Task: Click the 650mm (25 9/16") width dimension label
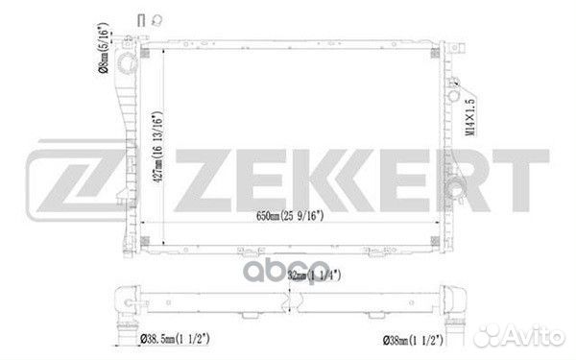pyautogui.click(x=290, y=216)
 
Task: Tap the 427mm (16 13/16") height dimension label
pyautogui.click(x=157, y=147)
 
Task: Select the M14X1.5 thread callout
pyautogui.click(x=469, y=117)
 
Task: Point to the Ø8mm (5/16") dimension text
pyautogui.click(x=104, y=48)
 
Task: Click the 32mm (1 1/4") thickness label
pyautogui.click(x=314, y=276)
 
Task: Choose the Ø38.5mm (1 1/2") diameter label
pyautogui.click(x=175, y=339)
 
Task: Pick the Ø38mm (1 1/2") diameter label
pyautogui.click(x=413, y=340)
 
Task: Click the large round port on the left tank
pyautogui.click(x=127, y=62)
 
